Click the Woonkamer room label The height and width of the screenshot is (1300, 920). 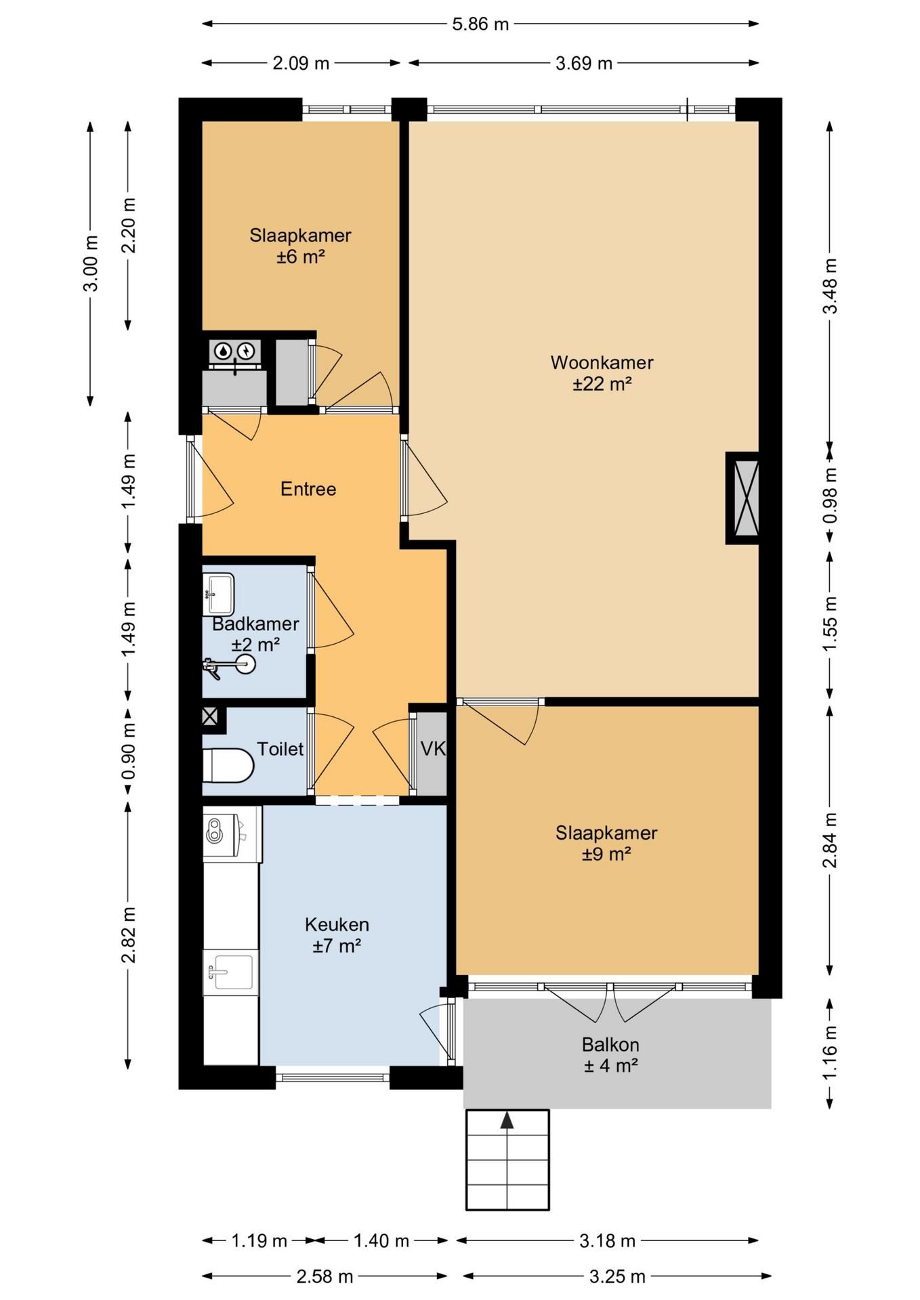coord(602,362)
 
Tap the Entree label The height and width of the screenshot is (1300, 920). coord(308,489)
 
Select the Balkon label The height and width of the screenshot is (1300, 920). coord(610,1045)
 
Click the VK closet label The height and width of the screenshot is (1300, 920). coord(433,748)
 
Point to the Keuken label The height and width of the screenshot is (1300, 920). coord(337,924)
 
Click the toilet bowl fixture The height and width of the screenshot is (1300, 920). coord(228,765)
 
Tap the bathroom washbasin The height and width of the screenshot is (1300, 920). coord(218,594)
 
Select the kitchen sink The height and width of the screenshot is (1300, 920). coord(230,972)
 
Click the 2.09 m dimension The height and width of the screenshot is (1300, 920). coord(301,64)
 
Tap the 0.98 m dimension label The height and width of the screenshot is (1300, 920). coord(830,496)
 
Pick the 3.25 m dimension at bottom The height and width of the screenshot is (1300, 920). coord(617,1277)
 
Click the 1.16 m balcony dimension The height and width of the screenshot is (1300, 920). coord(830,1053)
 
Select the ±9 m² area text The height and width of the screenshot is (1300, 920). coord(606,854)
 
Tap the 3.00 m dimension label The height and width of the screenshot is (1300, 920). coord(90,263)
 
